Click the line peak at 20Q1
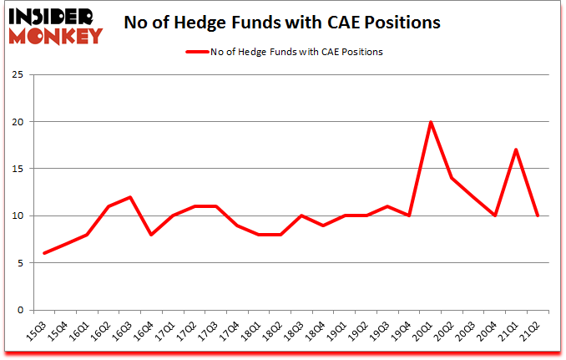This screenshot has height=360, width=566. click(430, 122)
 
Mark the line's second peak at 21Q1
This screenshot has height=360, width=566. click(517, 150)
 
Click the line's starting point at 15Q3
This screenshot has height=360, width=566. click(44, 253)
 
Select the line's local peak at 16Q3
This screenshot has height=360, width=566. click(131, 197)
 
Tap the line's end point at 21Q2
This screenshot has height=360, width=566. click(538, 215)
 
